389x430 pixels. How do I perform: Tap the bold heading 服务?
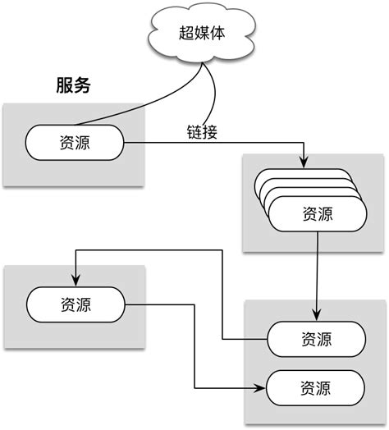(73, 85)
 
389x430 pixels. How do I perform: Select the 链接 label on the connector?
(201, 132)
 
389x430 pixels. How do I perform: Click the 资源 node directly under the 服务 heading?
(75, 144)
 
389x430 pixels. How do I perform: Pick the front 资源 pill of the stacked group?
(317, 214)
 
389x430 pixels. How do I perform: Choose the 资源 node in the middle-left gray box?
(75, 304)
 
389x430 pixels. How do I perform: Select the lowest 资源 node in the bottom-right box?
(317, 387)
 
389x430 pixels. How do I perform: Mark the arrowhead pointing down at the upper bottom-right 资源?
(317, 316)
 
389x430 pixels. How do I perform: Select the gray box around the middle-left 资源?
(25, 328)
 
